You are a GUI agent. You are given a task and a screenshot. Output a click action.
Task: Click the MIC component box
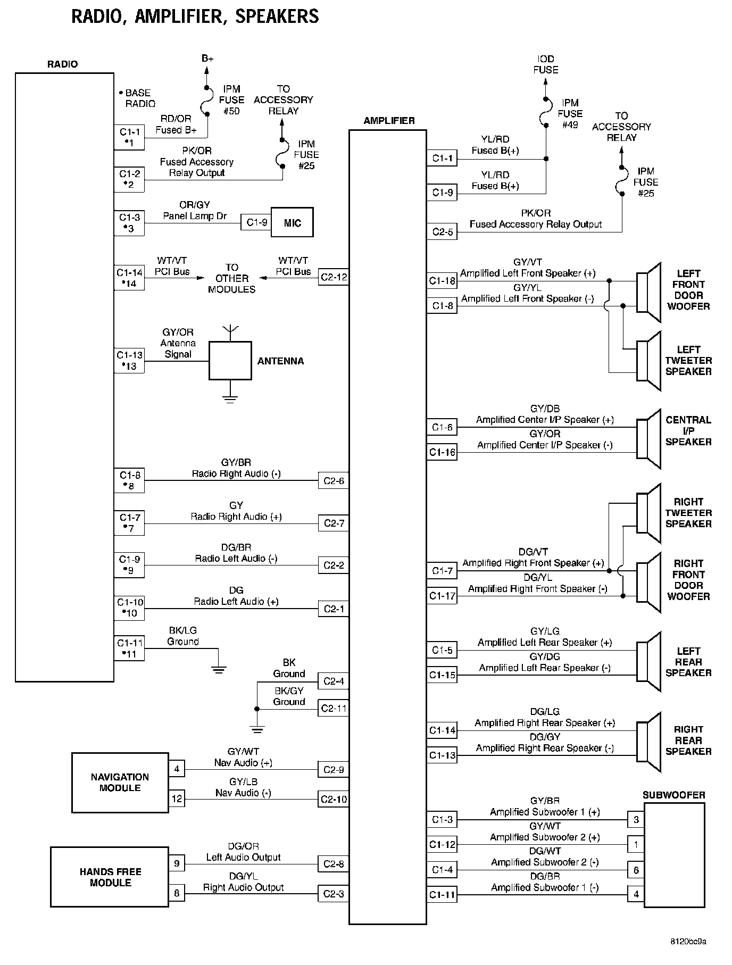[x=292, y=222]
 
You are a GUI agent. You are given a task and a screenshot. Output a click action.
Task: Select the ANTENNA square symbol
[x=230, y=360]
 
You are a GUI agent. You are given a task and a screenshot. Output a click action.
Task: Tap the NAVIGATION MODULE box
[x=120, y=782]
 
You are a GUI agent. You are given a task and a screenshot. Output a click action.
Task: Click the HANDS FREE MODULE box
[x=110, y=877]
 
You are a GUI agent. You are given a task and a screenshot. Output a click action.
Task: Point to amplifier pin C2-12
[x=334, y=277]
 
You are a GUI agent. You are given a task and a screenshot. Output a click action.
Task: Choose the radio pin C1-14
[x=129, y=278]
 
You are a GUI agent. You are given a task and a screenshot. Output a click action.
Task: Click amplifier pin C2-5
[x=442, y=232]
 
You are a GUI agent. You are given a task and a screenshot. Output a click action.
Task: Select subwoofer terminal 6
[x=636, y=870]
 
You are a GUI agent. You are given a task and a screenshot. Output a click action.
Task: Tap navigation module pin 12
[x=177, y=798]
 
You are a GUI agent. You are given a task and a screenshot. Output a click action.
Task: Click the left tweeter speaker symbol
[x=648, y=361]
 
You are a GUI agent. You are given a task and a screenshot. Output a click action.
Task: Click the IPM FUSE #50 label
[x=231, y=100]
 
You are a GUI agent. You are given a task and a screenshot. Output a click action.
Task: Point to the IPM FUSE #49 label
[x=570, y=113]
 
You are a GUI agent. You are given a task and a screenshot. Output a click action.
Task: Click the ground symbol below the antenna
[x=230, y=399]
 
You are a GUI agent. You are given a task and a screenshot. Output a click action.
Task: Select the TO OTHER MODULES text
[x=231, y=278]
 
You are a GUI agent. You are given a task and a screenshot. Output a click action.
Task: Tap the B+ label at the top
[x=207, y=58]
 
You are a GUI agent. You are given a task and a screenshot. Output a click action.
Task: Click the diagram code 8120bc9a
[x=688, y=942]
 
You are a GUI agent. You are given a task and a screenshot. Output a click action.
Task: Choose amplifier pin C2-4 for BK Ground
[x=334, y=681]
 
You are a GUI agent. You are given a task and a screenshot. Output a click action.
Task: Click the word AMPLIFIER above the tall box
[x=389, y=121]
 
